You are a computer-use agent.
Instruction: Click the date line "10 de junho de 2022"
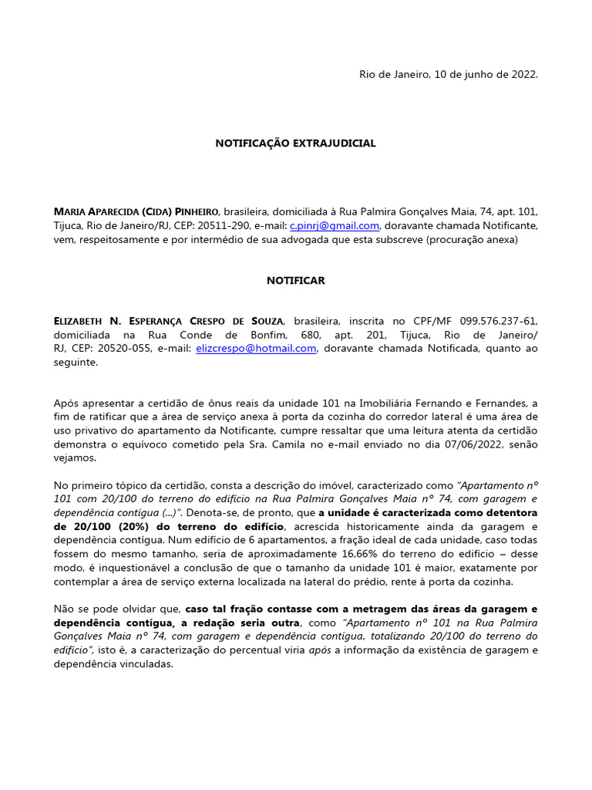(486, 74)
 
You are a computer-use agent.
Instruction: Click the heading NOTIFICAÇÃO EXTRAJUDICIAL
(295, 143)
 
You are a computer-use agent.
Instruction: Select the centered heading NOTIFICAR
(295, 280)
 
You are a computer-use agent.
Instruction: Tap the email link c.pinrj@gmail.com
(335, 225)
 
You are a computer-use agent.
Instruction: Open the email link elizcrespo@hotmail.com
(256, 349)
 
